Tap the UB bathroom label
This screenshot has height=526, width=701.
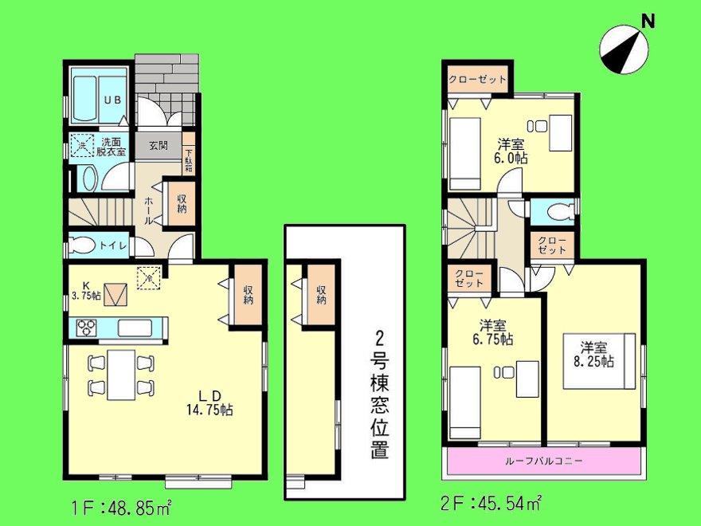pos(111,101)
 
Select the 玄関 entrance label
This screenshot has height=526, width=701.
pos(157,145)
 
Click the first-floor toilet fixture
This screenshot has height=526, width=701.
pos(82,245)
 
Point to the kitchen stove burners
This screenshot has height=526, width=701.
pos(86,327)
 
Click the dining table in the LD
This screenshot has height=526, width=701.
pos(120,375)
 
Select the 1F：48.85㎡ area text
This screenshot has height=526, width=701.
pos(120,505)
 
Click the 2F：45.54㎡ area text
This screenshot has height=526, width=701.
pos(491,504)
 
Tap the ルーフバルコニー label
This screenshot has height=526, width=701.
pos(544,461)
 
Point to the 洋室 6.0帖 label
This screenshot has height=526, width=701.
pos(511,151)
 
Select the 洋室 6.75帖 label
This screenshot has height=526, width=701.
pos(494,332)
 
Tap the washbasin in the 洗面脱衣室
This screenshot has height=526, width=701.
pos(88,179)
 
